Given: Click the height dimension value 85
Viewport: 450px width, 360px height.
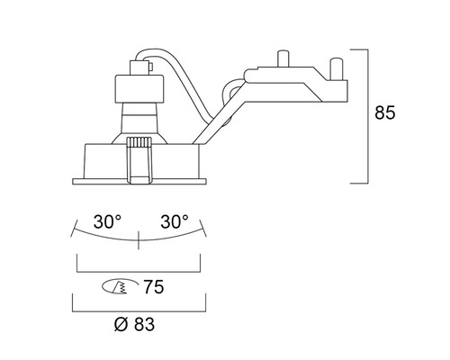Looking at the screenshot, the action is tap(385, 112).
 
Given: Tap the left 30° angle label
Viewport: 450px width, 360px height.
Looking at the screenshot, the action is tap(107, 222).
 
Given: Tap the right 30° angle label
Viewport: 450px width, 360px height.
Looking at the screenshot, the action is tap(175, 222).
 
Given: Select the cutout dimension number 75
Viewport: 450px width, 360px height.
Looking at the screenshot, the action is tap(154, 287).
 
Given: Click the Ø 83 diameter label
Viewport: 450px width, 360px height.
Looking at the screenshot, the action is tap(134, 324).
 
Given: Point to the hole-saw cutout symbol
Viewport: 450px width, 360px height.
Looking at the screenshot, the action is tap(120, 287).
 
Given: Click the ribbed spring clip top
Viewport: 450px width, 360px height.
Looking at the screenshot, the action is tap(139, 142).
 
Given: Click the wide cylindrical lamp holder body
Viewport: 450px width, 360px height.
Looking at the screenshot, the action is tap(139, 89).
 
